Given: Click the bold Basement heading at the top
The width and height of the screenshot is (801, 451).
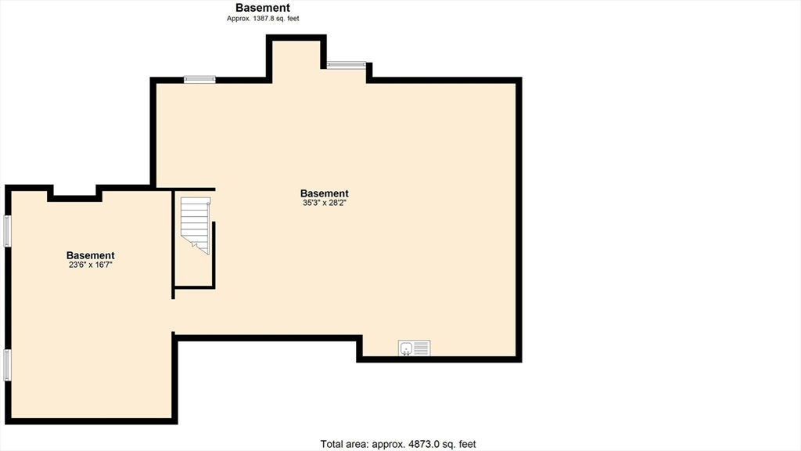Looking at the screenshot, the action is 263,8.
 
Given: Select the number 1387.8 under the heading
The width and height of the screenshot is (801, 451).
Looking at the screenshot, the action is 263,19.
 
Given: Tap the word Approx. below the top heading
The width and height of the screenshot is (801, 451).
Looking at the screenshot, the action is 239,19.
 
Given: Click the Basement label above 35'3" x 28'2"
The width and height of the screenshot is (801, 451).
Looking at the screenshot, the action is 325,193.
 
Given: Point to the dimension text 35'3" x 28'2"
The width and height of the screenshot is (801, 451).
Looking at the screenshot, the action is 325,203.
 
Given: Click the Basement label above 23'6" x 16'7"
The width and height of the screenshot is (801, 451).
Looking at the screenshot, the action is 91,255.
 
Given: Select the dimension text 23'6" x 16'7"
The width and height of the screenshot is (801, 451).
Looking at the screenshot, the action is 91,265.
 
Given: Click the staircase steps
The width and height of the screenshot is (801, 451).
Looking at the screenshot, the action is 196,225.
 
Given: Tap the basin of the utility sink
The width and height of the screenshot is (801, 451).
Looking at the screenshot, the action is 406,348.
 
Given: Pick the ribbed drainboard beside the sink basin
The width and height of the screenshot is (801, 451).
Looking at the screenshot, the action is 422,348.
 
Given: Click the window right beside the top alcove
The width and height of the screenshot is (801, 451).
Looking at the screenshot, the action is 347,65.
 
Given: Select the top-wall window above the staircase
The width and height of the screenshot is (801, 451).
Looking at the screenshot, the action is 199,79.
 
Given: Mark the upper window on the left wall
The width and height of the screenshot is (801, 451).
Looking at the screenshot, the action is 7,231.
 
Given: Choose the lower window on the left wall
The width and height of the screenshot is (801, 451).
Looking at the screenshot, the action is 7,365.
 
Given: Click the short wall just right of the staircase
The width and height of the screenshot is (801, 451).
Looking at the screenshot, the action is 214,254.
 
